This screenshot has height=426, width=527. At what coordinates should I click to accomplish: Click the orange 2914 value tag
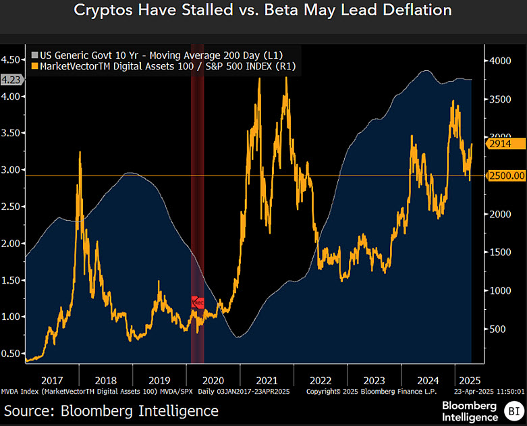coord(502,144)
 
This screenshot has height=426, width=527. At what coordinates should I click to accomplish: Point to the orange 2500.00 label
coord(506,176)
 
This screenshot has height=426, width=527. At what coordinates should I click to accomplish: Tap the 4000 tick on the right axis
coord(501,61)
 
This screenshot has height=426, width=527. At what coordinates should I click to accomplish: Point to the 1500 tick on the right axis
coord(501,252)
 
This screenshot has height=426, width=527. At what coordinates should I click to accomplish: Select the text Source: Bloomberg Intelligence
coord(111,410)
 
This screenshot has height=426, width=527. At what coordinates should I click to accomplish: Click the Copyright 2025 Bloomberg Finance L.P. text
coord(371,391)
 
